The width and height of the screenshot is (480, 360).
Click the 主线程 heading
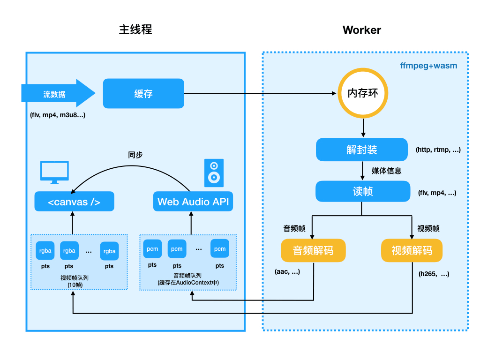tap(135, 30)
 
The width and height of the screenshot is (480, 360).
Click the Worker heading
tap(362, 30)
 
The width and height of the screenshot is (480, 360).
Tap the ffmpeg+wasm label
tap(428, 66)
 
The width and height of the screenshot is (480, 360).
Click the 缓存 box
tap(143, 94)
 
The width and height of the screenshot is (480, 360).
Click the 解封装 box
tap(362, 150)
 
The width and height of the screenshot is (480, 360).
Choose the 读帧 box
tap(362, 192)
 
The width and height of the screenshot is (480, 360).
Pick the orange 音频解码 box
tap(313, 250)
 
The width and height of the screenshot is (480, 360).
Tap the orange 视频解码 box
tap(412, 250)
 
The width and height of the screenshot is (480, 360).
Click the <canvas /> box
tap(75, 202)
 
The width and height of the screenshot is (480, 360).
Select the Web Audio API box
tap(193, 202)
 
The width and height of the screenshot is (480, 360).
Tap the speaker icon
tap(214, 172)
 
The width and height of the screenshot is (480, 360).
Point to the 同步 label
tap(135, 155)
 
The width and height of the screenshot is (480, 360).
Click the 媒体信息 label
tap(386, 171)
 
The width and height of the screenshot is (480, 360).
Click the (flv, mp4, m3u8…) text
tap(58, 115)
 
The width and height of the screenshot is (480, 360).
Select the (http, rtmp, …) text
tap(438, 150)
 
